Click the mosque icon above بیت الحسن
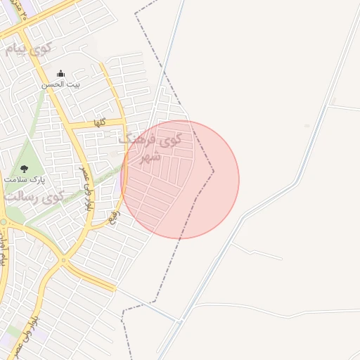pos(60,73)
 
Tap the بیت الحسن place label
pos(61,84)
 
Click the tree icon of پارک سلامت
pos(25,169)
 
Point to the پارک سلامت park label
pos(25,180)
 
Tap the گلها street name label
pos(100,122)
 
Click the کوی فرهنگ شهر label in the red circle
pos(150,148)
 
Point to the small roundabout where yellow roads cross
pos(64,261)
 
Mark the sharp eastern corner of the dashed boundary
pos(214,170)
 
